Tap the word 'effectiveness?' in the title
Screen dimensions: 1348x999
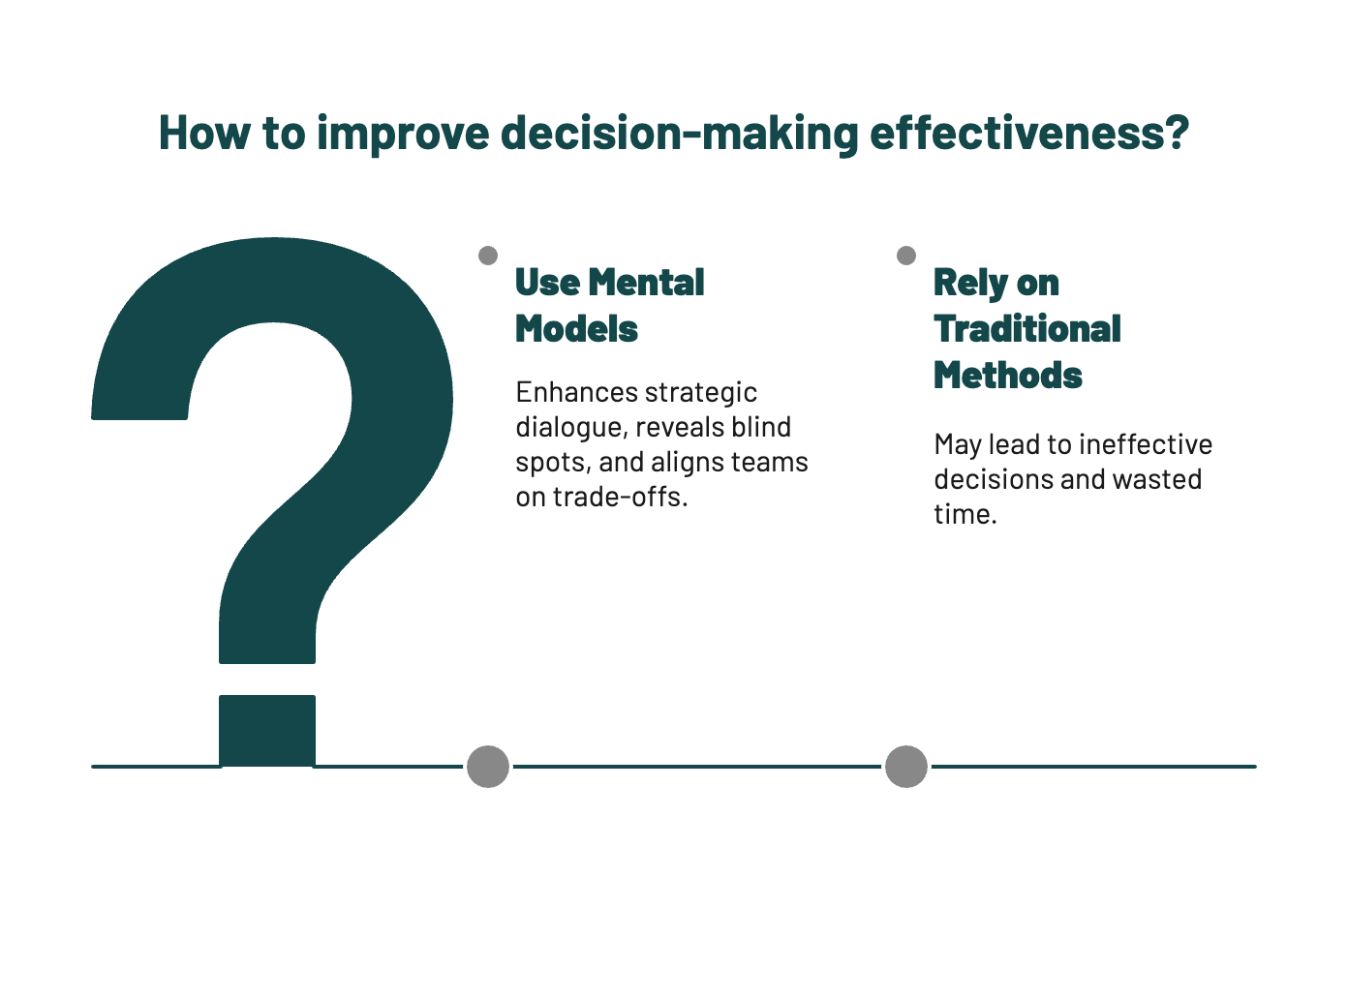coord(1028,134)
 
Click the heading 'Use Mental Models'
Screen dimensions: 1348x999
coord(610,306)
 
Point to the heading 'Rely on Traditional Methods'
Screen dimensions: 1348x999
coord(1026,329)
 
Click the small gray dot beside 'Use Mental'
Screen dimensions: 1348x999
coord(488,256)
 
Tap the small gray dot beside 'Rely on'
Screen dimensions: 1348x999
coord(906,256)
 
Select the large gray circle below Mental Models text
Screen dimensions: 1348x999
coord(488,767)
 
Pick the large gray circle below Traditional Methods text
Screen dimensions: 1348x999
coord(906,767)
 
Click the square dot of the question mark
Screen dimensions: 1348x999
coord(267,730)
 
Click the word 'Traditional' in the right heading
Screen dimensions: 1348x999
coord(1027,329)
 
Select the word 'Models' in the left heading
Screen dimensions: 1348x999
coord(576,329)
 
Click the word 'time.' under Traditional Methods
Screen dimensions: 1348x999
coord(965,515)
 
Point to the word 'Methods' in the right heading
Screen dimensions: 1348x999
coord(1008,376)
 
